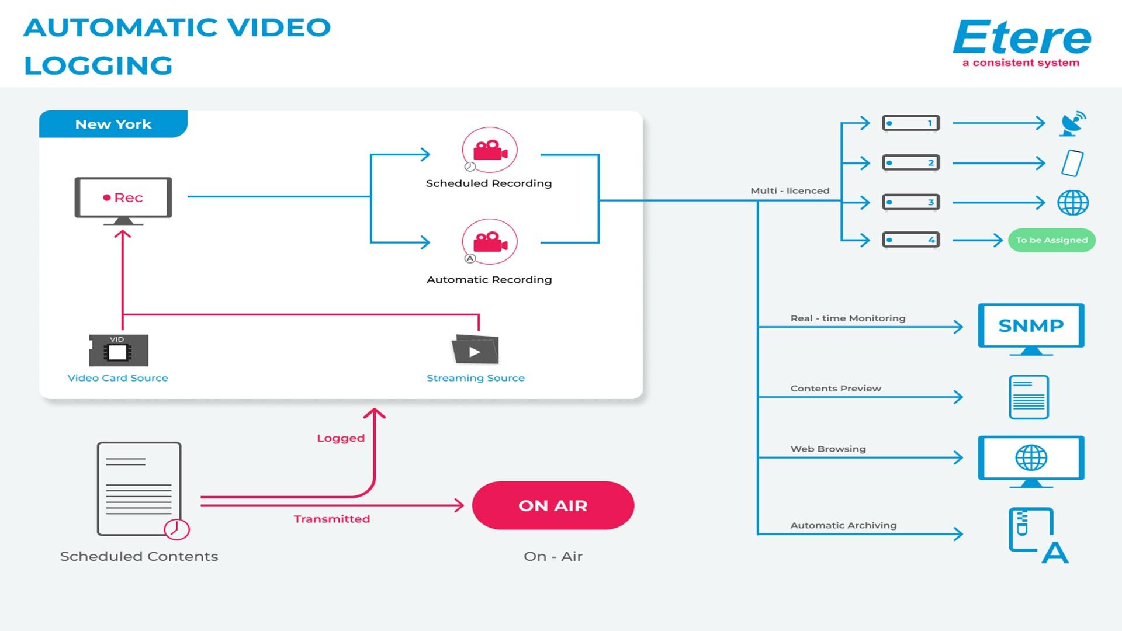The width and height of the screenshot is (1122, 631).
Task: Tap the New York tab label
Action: point(113,124)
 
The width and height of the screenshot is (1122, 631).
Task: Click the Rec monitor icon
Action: point(123,199)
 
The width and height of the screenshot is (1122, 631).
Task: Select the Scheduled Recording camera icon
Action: point(490,150)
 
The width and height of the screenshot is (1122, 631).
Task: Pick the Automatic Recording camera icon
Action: point(490,242)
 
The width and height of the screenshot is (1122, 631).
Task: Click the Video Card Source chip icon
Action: point(119,351)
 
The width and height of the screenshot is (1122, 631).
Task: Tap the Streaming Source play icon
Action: point(475,351)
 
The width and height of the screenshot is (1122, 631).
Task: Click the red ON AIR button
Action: point(553,506)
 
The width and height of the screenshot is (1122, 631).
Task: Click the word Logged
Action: point(341,438)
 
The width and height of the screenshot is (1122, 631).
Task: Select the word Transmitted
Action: point(332,519)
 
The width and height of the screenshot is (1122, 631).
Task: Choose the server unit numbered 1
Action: point(910,123)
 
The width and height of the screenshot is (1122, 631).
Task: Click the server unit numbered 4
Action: point(910,240)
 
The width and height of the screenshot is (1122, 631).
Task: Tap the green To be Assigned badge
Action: point(1051,240)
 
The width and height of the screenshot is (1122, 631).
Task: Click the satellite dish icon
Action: point(1072,124)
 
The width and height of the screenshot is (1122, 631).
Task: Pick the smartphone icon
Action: point(1072,163)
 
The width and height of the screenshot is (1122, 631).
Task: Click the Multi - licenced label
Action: point(789,191)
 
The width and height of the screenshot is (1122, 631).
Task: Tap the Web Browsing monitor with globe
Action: point(1031,459)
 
